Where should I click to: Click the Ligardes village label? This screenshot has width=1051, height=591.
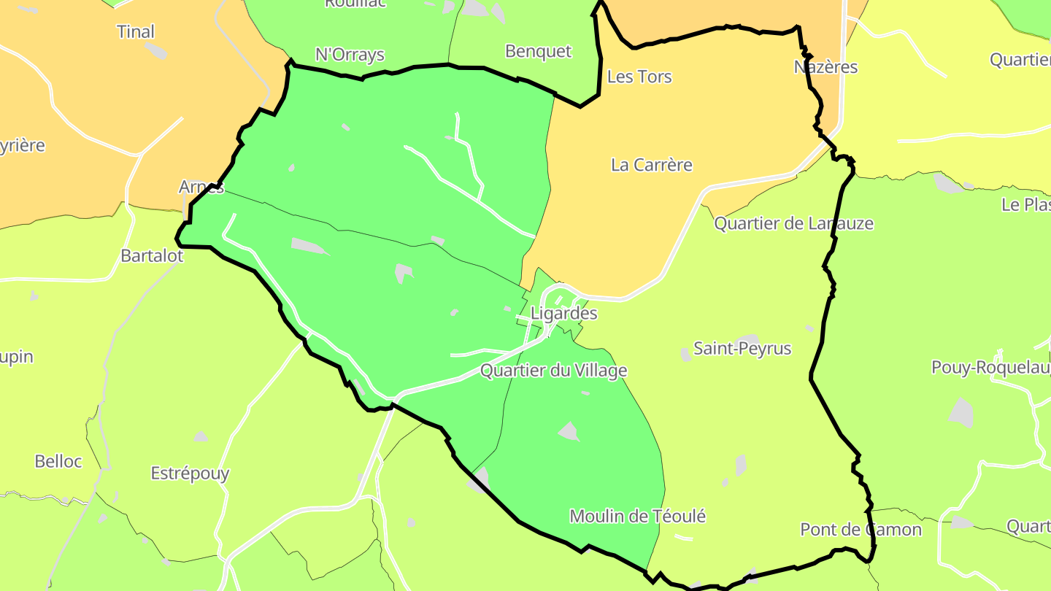tap(563, 314)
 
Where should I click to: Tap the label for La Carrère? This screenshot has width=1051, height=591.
tap(651, 165)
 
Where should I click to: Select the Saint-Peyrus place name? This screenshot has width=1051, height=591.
tap(742, 349)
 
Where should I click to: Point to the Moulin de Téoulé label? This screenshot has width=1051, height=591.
tap(637, 517)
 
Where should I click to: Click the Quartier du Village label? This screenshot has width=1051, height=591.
tap(553, 371)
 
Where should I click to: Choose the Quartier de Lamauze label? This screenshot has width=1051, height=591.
tap(793, 223)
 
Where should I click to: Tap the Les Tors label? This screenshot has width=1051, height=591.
tap(639, 77)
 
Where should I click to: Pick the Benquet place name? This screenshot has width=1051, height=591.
tap(539, 52)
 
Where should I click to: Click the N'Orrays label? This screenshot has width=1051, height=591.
tap(350, 55)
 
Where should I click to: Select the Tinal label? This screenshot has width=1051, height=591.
tap(136, 31)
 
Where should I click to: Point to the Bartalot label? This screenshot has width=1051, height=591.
tap(152, 256)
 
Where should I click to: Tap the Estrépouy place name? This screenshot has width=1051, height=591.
tap(190, 474)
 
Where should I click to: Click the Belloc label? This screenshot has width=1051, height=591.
tap(58, 461)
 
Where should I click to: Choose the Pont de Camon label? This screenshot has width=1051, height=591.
tap(861, 530)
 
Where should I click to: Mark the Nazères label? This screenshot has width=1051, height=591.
tap(825, 67)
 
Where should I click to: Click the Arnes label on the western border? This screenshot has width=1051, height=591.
tap(201, 187)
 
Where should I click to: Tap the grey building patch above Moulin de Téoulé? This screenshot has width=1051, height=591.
tap(569, 431)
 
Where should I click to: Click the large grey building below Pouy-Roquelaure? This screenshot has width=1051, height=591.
tap(961, 413)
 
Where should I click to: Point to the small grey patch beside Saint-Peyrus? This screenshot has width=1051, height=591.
tap(686, 355)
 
